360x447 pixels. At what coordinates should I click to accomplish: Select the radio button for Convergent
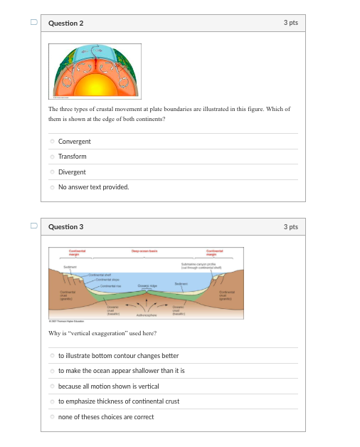click(52, 142)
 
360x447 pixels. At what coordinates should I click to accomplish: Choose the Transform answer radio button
click(52, 157)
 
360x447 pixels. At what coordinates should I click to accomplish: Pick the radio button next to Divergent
click(52, 172)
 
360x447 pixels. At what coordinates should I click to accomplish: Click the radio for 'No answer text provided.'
click(52, 187)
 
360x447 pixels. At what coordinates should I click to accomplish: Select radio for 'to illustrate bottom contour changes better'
click(52, 356)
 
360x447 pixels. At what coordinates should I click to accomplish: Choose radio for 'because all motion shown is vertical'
click(52, 386)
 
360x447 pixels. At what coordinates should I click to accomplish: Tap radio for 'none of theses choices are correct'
click(52, 417)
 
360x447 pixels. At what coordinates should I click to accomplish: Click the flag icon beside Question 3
click(33, 226)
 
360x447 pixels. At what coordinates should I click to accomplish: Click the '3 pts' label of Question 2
click(290, 23)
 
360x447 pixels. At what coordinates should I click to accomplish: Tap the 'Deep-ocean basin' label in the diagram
click(144, 251)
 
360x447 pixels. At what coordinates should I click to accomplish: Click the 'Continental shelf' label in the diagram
click(97, 274)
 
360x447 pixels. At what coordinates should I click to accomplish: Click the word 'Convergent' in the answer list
click(74, 142)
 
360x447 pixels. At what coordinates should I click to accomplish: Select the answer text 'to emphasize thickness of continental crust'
click(118, 401)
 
